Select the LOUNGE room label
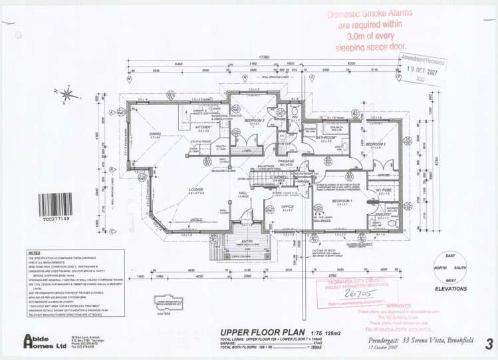[196, 189]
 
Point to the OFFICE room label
[287, 206]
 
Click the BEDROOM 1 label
[342, 200]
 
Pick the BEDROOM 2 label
[376, 144]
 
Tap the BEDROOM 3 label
[255, 120]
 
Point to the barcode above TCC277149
[56, 203]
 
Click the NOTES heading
[35, 253]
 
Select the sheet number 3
[489, 343]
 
